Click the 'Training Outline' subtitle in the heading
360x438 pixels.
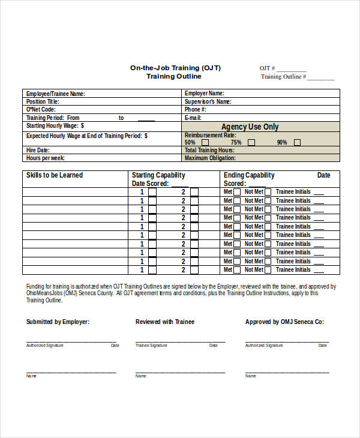pyautogui.click(x=174, y=77)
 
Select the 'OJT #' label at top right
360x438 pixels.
pyautogui.click(x=268, y=68)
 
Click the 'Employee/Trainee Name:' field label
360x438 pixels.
pyautogui.click(x=55, y=94)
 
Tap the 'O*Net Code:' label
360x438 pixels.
pyautogui.click(x=41, y=110)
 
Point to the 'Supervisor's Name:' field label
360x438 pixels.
pyautogui.click(x=208, y=102)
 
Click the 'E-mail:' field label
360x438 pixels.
pyautogui.click(x=193, y=118)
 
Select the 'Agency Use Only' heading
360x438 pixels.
pyautogui.click(x=250, y=127)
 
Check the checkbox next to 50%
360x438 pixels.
pyautogui.click(x=205, y=143)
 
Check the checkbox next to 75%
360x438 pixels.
pyautogui.click(x=251, y=143)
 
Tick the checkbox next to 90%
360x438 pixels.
pyautogui.click(x=297, y=143)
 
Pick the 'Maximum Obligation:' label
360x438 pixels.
pyautogui.click(x=210, y=158)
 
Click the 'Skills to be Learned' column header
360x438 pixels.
pyautogui.click(x=55, y=175)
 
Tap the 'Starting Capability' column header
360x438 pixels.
pyautogui.click(x=158, y=175)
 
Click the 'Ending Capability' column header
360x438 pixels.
pyautogui.click(x=249, y=175)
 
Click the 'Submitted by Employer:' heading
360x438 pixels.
pyautogui.click(x=58, y=322)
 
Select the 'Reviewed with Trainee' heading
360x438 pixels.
pyautogui.click(x=164, y=322)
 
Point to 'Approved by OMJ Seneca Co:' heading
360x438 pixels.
pyautogui.click(x=284, y=322)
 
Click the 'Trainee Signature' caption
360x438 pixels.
pyautogui.click(x=151, y=346)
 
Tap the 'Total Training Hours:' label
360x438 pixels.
pyautogui.click(x=209, y=151)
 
